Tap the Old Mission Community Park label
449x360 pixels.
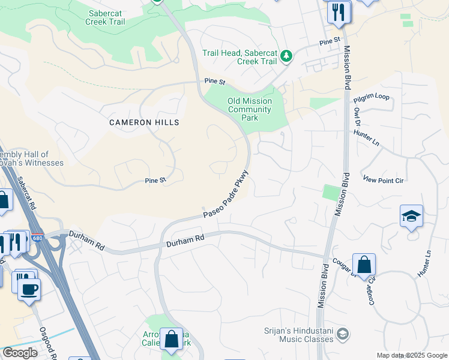coord(250,109)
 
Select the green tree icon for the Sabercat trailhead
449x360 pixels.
coord(287,56)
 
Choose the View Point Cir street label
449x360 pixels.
coord(385,179)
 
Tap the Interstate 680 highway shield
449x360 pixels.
coord(37,238)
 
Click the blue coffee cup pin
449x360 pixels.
coord(29,289)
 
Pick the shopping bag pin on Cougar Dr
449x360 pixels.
coord(364,265)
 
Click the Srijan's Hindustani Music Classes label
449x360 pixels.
coord(298,335)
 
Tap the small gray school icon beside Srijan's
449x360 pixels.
coord(342,334)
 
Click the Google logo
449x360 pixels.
coord(19,353)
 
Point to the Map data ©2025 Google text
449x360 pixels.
coord(412,355)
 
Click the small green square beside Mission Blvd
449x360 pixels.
coord(330,193)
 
